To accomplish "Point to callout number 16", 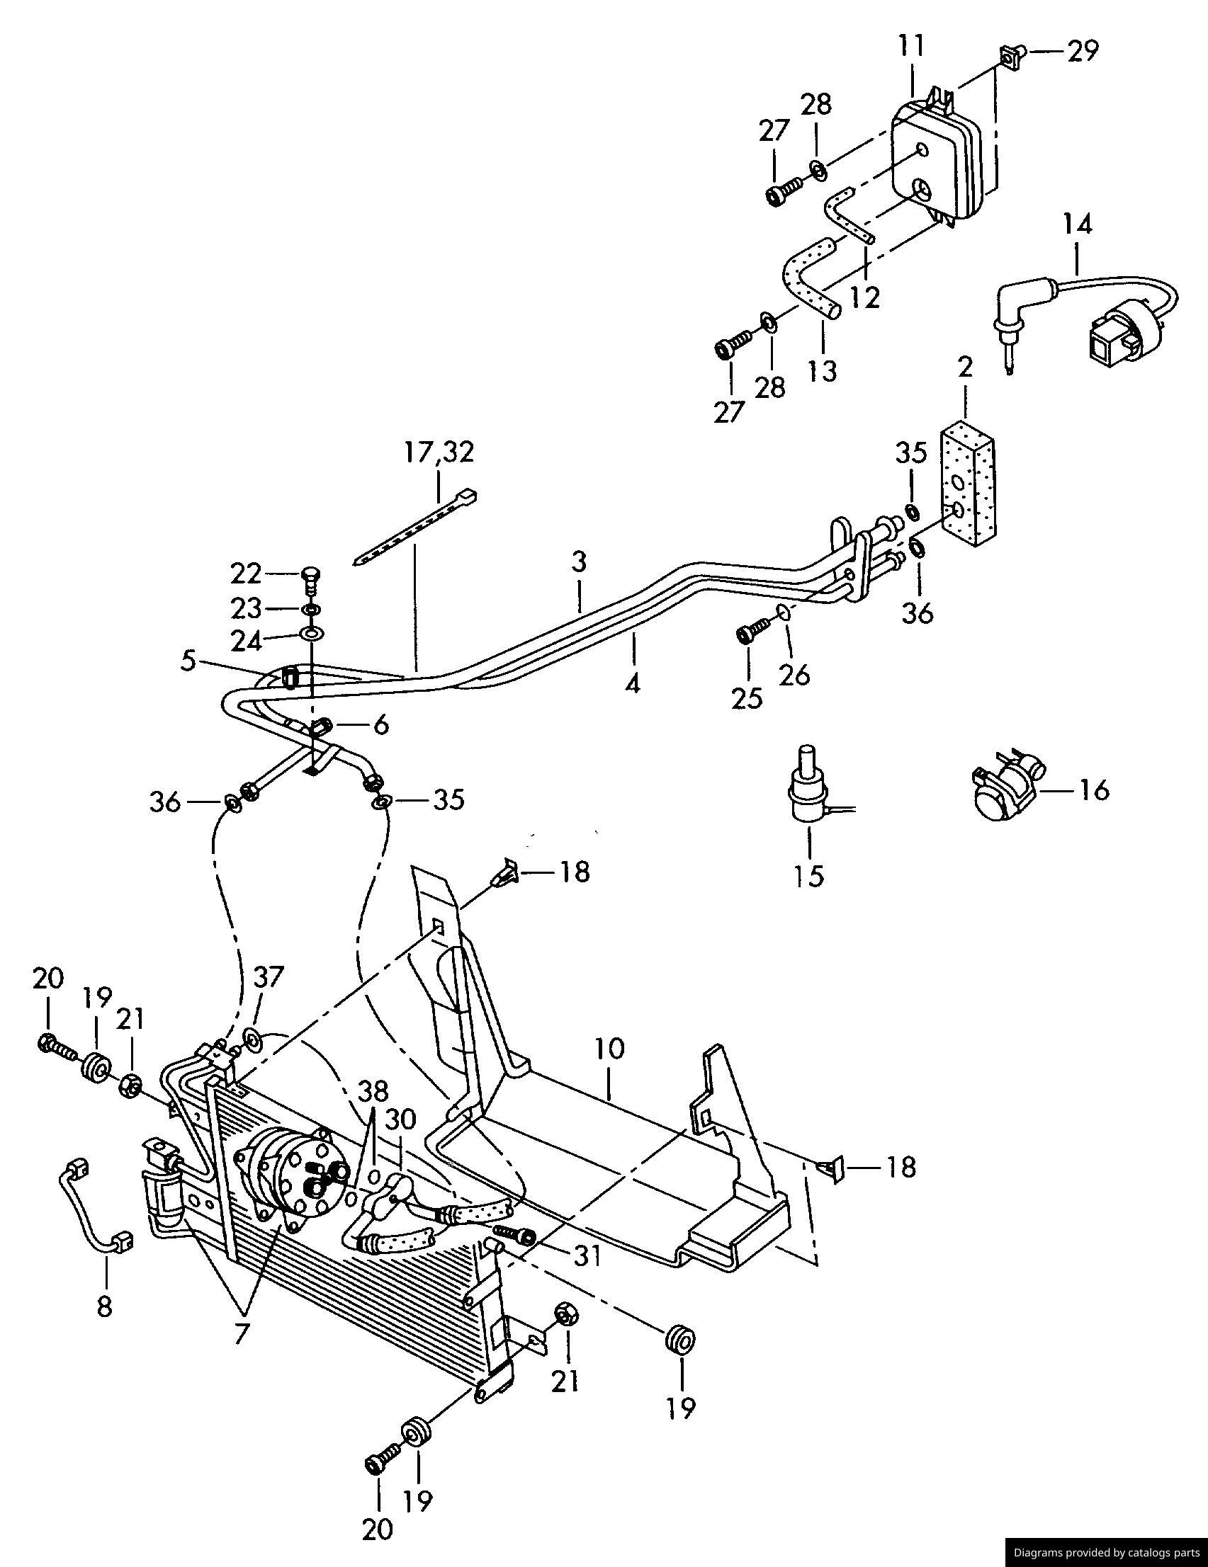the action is pos(1094,790).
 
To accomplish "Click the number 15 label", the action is pos(809,876).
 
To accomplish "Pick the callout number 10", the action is pos(609,1049).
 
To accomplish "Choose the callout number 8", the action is pos(105,1307).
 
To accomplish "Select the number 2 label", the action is pos(965,368).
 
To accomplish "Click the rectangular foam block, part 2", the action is pos(969,480).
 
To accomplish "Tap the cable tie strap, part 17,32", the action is pos(417,528).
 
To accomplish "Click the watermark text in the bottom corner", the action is pos(1106,1553).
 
